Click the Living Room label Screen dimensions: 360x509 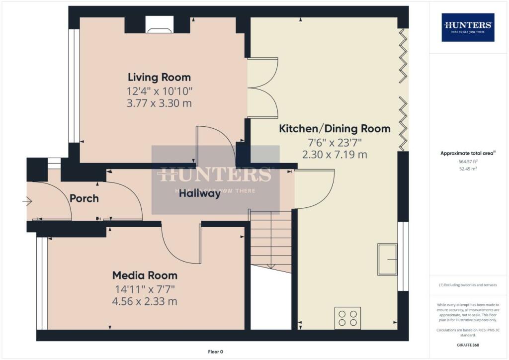coord(159,78)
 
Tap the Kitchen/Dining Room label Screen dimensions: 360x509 coord(335,129)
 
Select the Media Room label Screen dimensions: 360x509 coord(145,275)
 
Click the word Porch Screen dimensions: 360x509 coord(84,198)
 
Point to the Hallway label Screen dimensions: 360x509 coord(200,194)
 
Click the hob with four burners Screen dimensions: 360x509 coord(348,318)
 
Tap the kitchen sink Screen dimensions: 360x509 coord(387,259)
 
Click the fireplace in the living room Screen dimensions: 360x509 coord(159,28)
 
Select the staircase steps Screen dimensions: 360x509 coord(270,241)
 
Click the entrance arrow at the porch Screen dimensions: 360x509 coord(27,201)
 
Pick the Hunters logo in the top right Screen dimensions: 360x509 coord(468,27)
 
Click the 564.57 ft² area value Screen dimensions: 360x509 coord(468,162)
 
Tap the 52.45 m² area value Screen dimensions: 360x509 coord(468,169)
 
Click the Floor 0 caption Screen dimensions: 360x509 coord(215,352)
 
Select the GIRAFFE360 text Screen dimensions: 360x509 coord(468,345)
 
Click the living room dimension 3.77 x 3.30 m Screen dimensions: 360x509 coord(159,103)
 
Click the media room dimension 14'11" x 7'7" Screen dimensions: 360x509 coord(145,289)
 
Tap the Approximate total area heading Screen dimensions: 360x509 coord(468,154)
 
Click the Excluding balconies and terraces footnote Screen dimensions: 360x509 coord(468,285)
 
